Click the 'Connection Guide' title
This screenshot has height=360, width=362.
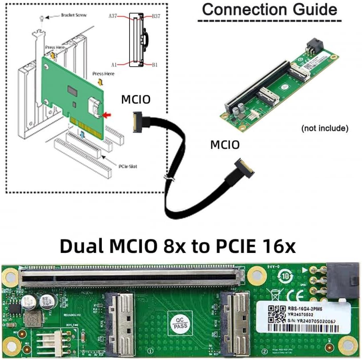(x=269, y=9)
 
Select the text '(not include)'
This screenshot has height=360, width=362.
(x=325, y=128)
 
